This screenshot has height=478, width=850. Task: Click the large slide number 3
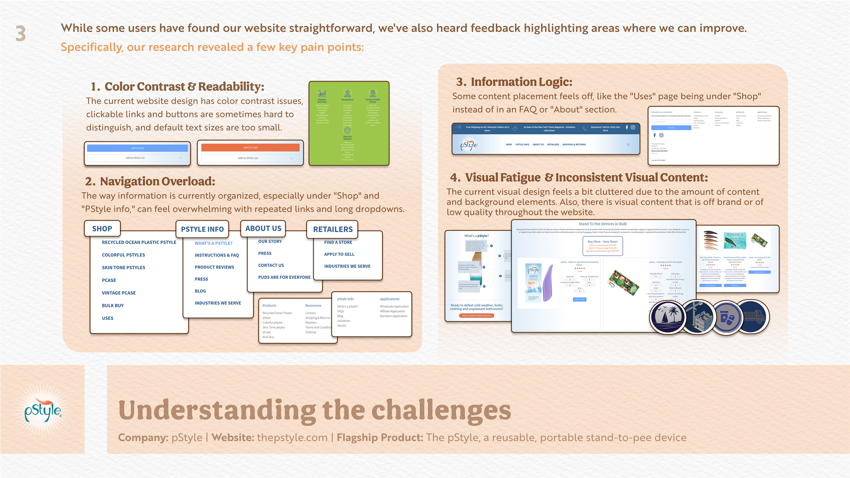[x=20, y=34]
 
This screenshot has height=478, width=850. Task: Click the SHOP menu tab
[x=102, y=229]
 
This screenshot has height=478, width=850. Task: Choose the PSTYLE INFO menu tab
[x=202, y=229]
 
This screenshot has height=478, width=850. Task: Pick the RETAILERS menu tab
[x=333, y=229]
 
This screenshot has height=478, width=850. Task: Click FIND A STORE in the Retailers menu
[x=338, y=242]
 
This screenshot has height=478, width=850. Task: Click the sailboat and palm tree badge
[x=668, y=317]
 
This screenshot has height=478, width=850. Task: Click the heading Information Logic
[x=521, y=82]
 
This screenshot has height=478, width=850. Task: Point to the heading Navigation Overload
[x=157, y=181]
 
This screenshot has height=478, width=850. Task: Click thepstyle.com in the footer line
[x=292, y=438]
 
